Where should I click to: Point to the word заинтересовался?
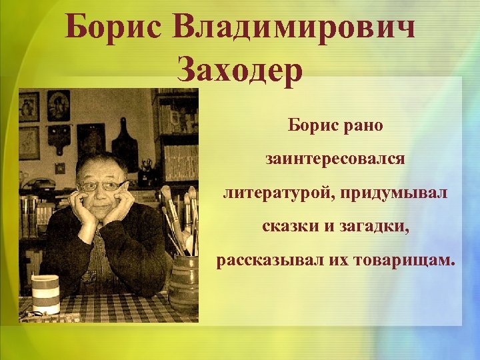[x=335, y=159]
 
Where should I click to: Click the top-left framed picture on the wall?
[x=29, y=107]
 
